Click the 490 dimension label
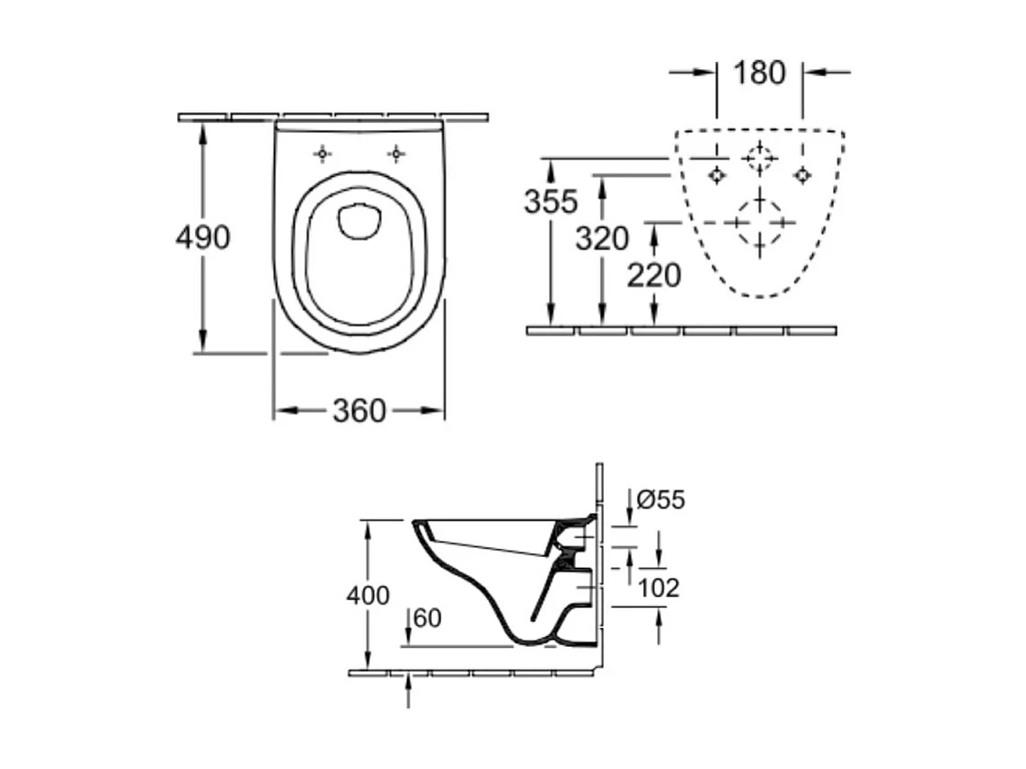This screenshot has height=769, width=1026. click(203, 237)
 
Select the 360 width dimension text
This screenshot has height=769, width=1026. click(358, 411)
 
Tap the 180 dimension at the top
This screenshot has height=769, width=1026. click(759, 73)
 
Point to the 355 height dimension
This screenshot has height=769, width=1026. click(551, 201)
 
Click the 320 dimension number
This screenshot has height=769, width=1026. click(602, 239)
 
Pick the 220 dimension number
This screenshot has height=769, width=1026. click(654, 275)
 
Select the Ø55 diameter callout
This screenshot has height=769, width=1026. click(660, 499)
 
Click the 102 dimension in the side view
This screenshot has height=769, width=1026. click(659, 588)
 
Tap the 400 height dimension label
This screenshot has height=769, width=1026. click(369, 595)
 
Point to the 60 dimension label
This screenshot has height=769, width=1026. click(428, 619)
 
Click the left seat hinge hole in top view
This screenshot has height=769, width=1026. click(323, 155)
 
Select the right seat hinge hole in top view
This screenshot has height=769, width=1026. click(395, 155)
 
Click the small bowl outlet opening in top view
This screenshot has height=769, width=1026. click(359, 221)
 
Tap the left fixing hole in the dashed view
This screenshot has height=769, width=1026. click(716, 175)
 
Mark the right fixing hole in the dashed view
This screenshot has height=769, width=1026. click(802, 175)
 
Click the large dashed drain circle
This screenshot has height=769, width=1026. click(760, 222)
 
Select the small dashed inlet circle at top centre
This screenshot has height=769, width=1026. click(760, 159)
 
